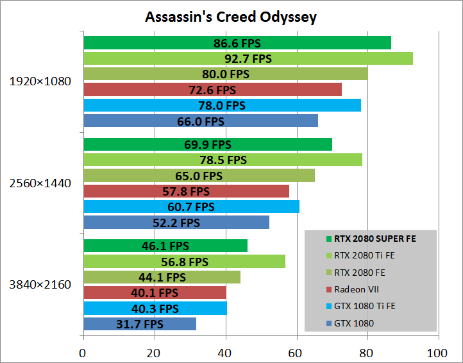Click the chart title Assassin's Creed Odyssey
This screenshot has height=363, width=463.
231,16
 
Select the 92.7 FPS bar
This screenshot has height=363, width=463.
248,58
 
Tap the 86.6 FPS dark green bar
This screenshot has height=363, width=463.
237,43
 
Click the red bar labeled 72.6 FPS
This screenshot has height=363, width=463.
212,90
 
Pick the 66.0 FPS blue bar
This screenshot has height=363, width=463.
200,121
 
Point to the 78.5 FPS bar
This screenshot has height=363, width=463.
223,160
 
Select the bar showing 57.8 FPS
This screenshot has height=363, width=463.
186,191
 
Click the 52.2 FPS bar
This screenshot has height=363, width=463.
176,223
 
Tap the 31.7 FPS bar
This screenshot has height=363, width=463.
140,324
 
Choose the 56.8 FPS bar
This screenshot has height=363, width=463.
184,262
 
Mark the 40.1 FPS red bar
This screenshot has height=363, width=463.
155,292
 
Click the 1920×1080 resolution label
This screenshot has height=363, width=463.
40,81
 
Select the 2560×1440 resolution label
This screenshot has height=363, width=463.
40,183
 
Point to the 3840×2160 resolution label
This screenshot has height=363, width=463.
40,285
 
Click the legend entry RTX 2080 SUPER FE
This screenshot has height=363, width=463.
375,238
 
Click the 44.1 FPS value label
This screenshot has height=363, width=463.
162,278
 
